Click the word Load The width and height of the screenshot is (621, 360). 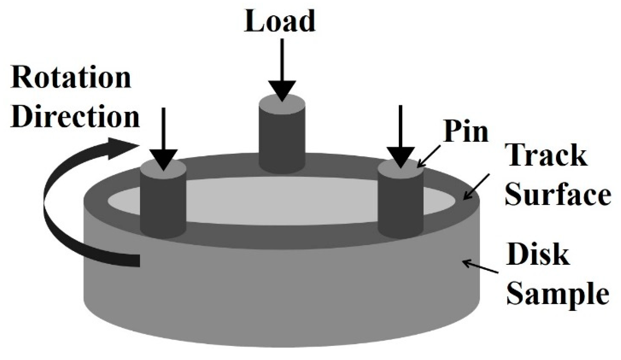click(x=280, y=21)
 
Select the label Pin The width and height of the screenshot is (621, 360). click(x=466, y=131)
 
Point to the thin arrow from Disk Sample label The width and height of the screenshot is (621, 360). click(x=480, y=267)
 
